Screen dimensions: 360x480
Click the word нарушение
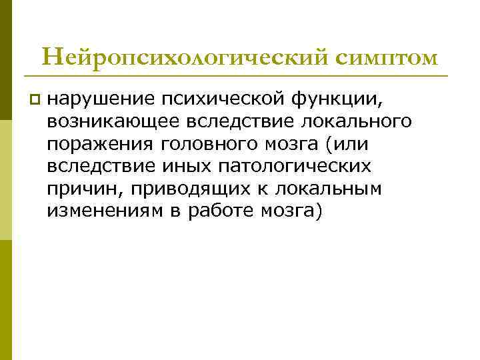pyautogui.click(x=100, y=99)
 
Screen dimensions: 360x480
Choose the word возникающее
pyautogui.click(x=114, y=122)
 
